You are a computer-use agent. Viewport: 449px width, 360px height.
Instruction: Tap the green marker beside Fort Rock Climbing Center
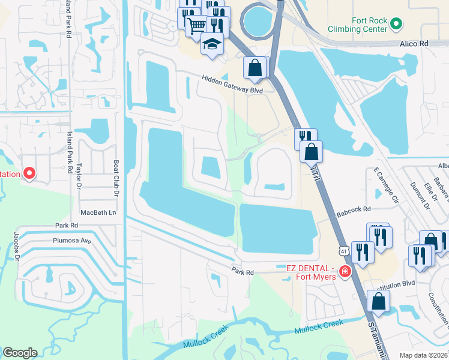click(396, 24)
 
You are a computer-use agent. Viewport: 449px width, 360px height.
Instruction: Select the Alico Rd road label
click(414, 44)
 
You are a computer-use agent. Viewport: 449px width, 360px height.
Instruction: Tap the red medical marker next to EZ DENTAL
click(345, 272)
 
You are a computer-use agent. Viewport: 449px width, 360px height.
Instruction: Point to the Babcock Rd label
click(354, 210)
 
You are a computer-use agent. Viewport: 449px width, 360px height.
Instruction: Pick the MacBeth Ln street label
click(98, 213)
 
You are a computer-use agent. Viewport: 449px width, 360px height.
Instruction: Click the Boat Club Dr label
click(116, 178)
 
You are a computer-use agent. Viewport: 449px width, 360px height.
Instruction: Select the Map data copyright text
click(423, 355)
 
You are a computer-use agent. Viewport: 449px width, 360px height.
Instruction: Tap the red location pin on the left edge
click(29, 174)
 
